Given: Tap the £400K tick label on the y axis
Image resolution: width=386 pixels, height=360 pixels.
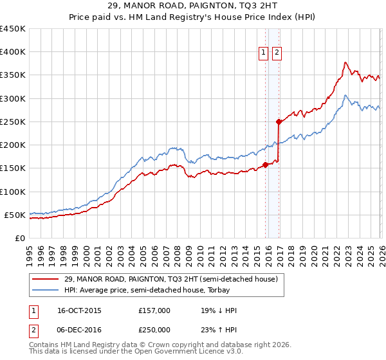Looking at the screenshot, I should (13, 52).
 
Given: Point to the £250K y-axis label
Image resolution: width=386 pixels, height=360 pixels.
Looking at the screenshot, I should (13, 122).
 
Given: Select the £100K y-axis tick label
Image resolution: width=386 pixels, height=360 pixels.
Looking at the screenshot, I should (13, 192).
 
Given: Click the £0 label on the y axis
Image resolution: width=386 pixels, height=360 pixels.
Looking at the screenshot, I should (21, 238).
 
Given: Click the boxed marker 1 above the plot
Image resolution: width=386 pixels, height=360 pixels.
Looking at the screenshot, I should (264, 53).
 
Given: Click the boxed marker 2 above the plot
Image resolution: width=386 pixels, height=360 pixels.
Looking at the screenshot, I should (277, 53).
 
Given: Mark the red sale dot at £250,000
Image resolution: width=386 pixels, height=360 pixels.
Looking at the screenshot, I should (279, 122).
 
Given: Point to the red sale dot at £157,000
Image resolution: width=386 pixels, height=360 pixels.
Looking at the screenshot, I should (265, 165).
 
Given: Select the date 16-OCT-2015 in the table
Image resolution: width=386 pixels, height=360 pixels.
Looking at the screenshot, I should (78, 310).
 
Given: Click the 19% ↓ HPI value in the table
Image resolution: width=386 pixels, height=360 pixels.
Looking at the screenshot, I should (219, 310).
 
